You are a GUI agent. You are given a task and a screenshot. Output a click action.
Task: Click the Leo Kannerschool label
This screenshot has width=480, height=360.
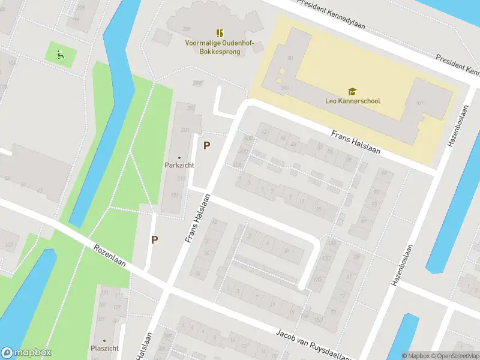[352, 101]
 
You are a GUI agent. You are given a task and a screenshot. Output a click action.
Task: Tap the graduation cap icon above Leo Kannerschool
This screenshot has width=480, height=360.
[352, 91]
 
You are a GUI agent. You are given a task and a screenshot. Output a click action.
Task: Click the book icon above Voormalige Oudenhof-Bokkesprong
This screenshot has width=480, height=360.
[220, 32]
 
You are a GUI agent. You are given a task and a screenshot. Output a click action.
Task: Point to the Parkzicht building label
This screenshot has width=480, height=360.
[179, 165]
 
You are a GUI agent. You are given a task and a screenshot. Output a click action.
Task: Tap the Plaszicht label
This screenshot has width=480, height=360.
[104, 348]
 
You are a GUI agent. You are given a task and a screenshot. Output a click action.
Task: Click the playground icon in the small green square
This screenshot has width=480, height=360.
[60, 55]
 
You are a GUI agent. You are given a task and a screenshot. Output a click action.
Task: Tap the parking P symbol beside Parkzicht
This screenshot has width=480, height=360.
[207, 145]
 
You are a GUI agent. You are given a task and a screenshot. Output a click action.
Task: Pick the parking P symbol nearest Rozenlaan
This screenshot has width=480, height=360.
[154, 239]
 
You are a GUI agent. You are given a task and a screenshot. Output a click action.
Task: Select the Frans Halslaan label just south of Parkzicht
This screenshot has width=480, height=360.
[198, 218]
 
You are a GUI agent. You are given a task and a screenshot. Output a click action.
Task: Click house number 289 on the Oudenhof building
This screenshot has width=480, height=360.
[186, 29]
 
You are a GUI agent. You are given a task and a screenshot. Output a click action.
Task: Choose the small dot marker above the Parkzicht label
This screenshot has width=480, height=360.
[179, 158]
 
